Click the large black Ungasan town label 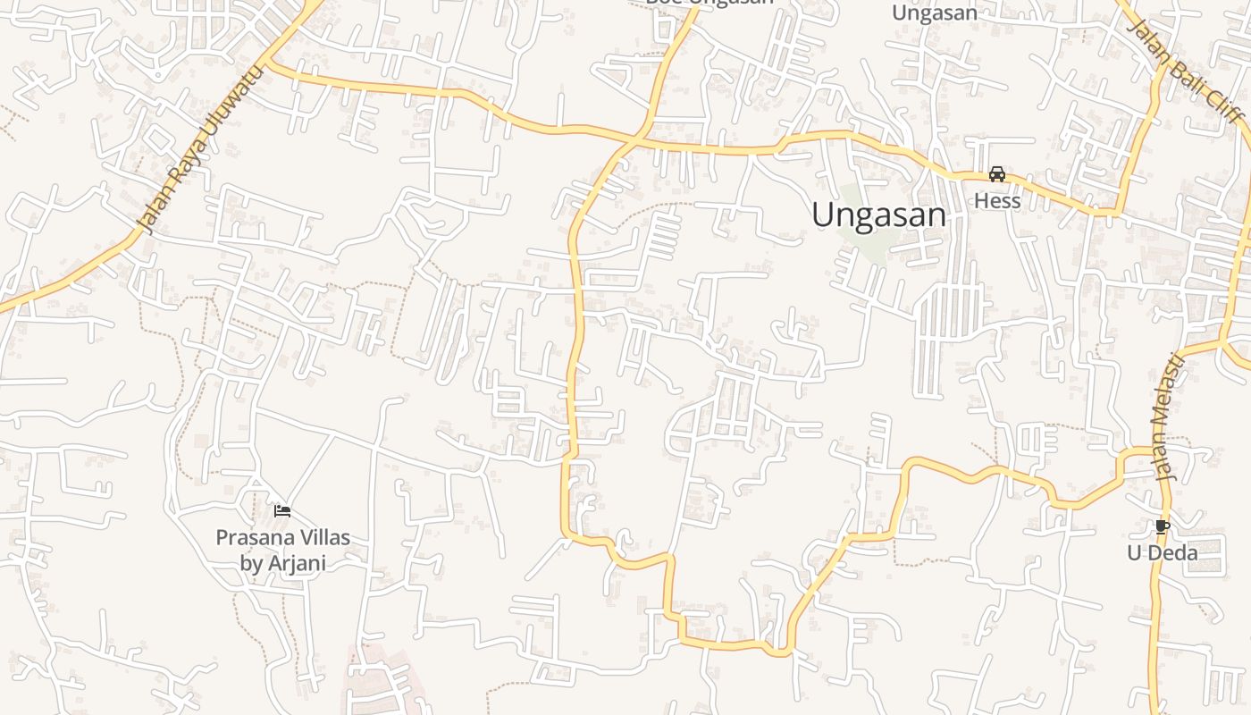click(879, 215)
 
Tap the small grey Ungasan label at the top click(935, 13)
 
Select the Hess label click(997, 201)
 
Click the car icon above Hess click(997, 174)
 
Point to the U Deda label click(1162, 553)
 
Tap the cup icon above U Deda click(1162, 526)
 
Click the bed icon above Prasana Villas click(282, 511)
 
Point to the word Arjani click(295, 564)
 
